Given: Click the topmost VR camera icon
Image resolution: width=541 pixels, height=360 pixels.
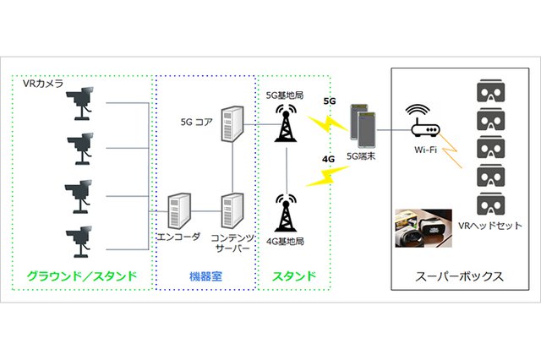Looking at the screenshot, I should (x=85, y=104).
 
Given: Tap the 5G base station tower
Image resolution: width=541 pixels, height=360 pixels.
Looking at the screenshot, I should (x=288, y=122).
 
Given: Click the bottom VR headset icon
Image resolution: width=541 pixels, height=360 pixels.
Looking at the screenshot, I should (x=489, y=203).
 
